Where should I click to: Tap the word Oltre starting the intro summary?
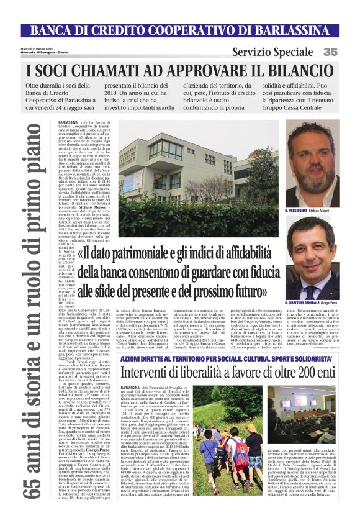tap(53, 86)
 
